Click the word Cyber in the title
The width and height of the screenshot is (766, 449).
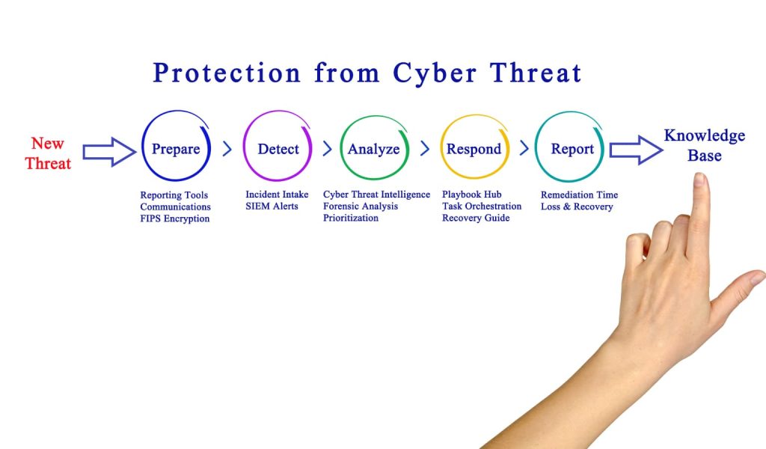435,74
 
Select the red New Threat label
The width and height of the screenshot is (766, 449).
48,153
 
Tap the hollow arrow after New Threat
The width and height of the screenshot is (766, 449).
109,151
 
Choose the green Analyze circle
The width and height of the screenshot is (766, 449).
340,147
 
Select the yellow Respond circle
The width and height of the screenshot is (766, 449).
441,147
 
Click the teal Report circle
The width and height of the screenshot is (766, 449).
536,147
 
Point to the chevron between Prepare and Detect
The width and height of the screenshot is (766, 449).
227,148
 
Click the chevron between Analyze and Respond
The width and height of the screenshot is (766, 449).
425,148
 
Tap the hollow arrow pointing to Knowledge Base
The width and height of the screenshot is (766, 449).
636,150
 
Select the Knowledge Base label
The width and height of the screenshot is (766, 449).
705,145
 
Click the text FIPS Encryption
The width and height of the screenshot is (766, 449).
175,219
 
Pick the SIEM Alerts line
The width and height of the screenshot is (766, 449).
272,207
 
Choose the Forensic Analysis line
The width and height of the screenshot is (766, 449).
361,207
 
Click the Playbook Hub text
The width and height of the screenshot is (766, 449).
472,195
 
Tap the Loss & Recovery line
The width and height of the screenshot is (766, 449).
577,207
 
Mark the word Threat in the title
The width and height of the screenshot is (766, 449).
536,73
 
